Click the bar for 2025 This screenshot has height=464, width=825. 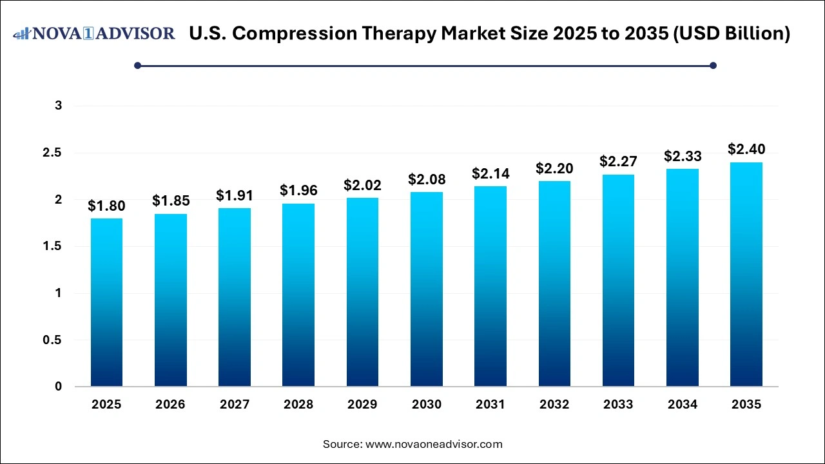coord(106,302)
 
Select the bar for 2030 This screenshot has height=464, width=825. coord(427,289)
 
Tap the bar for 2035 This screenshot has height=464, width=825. coord(746,275)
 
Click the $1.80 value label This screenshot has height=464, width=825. coord(106,206)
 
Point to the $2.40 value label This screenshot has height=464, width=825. coord(746,150)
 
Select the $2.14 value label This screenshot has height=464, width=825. coord(490,173)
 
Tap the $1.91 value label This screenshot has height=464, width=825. coord(235,195)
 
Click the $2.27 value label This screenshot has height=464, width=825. coord(618,161)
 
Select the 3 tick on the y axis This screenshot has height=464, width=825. coord(58,106)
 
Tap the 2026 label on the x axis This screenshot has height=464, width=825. coord(170,405)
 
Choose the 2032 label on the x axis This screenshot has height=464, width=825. coord(554,405)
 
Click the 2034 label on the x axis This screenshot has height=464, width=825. coord(682,405)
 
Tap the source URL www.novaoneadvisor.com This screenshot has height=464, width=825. coord(434,444)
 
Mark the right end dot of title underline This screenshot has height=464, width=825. coord(713,65)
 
